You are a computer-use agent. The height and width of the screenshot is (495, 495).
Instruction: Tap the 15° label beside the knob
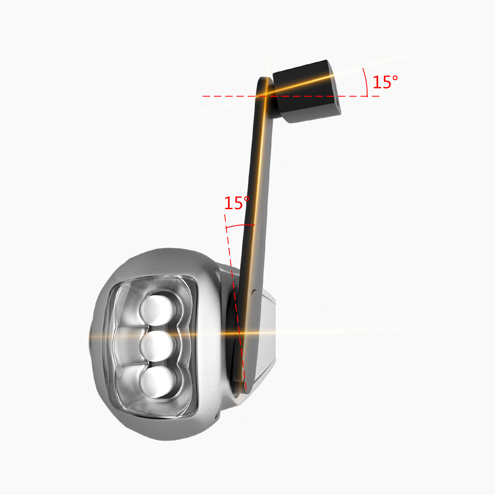coord(385,82)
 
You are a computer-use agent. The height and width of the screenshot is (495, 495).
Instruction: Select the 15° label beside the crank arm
coord(237,203)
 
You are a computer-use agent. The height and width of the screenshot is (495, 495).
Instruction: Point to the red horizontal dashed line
coord(291,97)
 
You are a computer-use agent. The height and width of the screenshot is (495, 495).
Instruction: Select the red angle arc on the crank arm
coord(240,225)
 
